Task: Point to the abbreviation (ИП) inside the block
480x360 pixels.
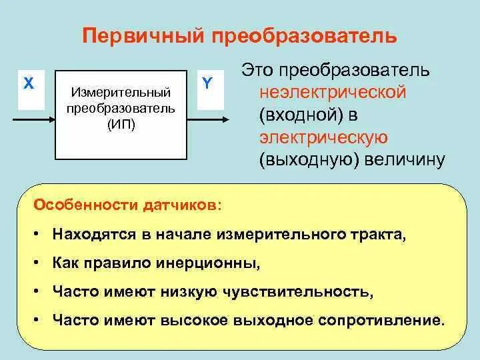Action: coord(121,125)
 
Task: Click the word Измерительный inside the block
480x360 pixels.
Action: coord(121,91)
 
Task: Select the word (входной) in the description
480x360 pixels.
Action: coord(300,114)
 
